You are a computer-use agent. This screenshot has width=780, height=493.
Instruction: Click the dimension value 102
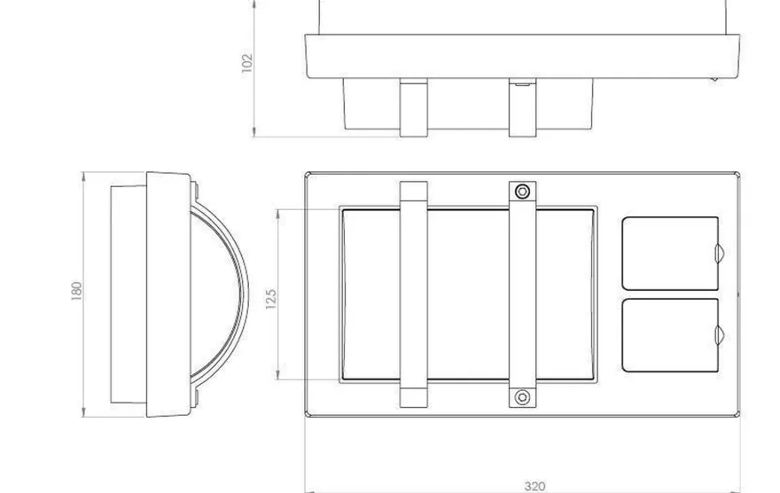[x=246, y=63]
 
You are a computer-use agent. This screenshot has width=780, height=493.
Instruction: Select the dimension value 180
[x=76, y=291]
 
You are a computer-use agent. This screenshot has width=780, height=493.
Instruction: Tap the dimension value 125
[x=270, y=299]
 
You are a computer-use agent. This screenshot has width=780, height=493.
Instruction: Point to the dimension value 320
[x=534, y=486]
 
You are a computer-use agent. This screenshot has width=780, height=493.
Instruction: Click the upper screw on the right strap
[x=522, y=191]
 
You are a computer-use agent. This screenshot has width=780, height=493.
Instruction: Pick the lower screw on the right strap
[x=522, y=397]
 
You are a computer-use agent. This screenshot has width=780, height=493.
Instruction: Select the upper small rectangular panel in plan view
[x=670, y=254]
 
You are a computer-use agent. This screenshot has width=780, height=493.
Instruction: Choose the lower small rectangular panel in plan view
[x=670, y=335]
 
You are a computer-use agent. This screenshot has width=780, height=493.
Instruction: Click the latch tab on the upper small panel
[x=720, y=254]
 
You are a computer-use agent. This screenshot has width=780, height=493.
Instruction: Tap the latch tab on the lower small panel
[x=720, y=335]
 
